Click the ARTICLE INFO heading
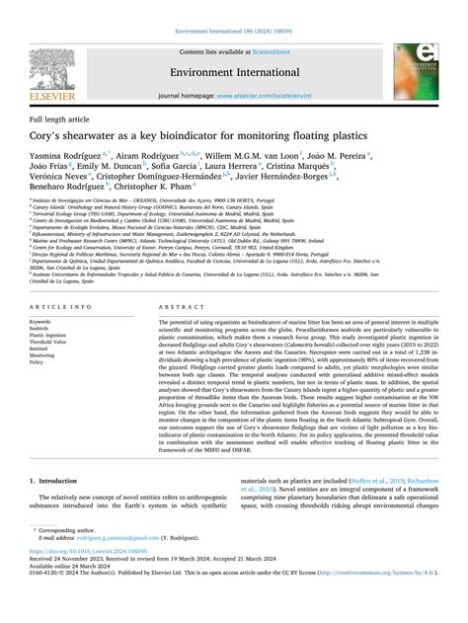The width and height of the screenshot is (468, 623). pyautogui.click(x=56, y=280)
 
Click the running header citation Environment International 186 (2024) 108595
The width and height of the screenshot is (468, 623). pyautogui.click(x=234, y=6)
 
